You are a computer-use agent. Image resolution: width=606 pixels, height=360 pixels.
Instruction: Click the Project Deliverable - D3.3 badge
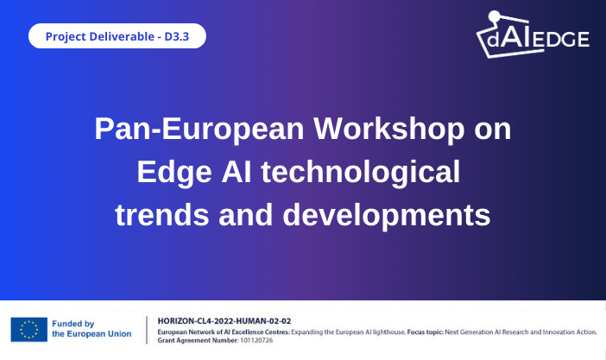coord(117,36)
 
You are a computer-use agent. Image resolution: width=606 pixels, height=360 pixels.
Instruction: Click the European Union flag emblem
coord(28,329)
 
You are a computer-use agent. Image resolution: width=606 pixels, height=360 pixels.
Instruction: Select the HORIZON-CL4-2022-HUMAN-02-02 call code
coord(224,320)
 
